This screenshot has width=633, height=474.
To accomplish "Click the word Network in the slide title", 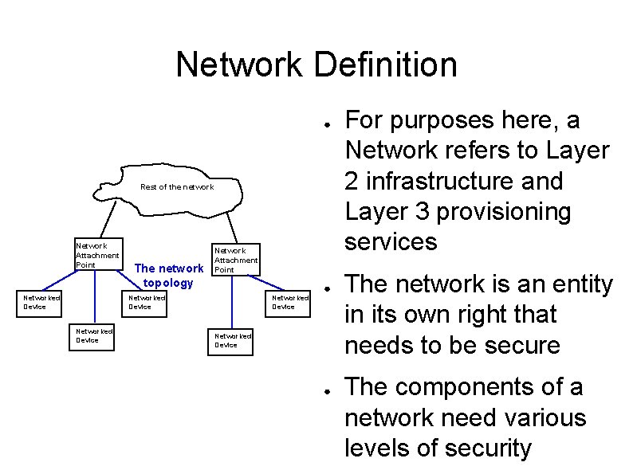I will (241, 65).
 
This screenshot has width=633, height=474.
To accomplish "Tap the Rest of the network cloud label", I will (177, 187).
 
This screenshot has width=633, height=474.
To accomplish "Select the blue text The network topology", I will (168, 276).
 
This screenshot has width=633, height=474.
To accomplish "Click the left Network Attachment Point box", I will (97, 254).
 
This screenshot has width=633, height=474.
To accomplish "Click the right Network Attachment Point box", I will (236, 260).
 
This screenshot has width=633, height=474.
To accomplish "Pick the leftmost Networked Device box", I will (41, 302).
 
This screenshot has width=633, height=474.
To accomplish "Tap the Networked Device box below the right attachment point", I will (232, 340).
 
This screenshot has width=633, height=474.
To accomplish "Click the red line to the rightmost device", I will (275, 284).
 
